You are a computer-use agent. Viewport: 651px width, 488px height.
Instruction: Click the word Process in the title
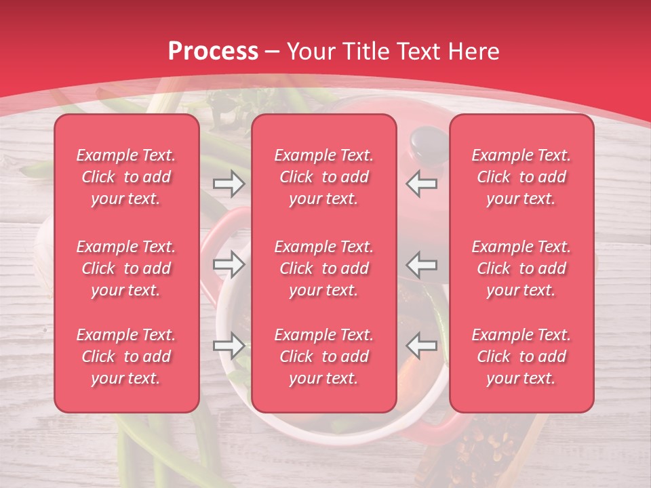point(213,51)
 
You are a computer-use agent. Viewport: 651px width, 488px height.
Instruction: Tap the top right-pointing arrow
point(229,183)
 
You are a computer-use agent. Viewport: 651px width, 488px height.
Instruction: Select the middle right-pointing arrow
point(229,264)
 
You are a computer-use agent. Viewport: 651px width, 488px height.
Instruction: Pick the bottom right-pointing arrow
point(229,346)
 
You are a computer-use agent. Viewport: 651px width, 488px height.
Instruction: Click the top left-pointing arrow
point(422,183)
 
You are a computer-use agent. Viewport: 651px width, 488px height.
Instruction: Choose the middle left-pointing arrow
point(422,264)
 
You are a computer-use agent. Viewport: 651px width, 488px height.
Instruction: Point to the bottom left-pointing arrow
point(422,346)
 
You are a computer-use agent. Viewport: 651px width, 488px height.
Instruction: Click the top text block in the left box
point(126,177)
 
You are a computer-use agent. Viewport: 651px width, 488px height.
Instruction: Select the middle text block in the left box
point(126,268)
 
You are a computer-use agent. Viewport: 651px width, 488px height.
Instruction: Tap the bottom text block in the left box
point(126,357)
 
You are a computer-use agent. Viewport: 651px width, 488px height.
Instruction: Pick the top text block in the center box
point(324,177)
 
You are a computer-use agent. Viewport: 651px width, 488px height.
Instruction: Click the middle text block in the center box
point(324,268)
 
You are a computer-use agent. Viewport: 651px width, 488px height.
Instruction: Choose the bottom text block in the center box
point(324,357)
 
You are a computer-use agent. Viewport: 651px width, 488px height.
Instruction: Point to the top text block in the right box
point(521,177)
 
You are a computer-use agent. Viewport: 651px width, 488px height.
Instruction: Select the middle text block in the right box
point(521,268)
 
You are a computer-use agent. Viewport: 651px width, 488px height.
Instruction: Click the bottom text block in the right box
point(521,357)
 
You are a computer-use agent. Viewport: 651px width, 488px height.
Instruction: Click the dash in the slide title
point(273,52)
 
